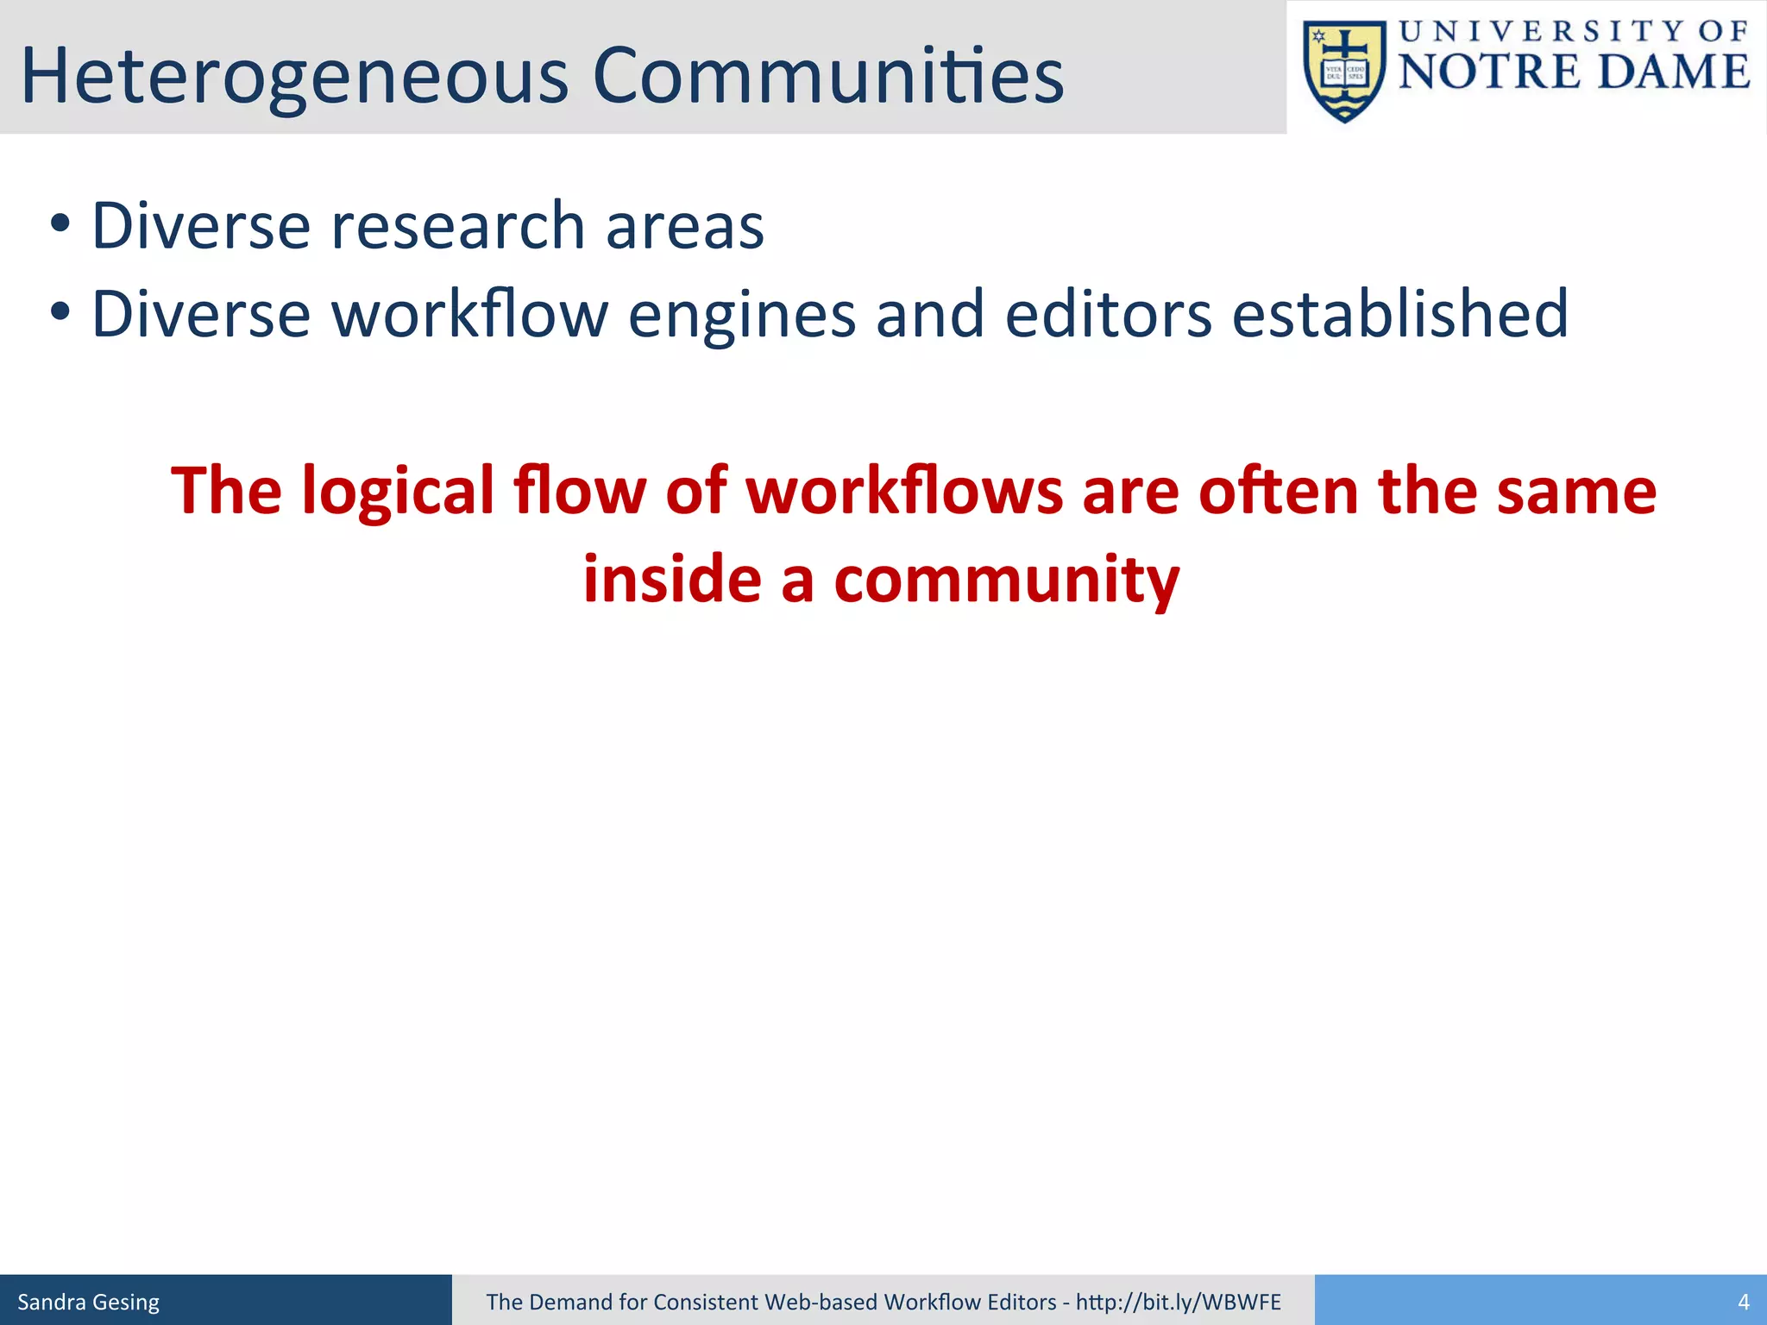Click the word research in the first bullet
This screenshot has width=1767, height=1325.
458,226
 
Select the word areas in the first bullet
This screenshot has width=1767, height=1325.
684,226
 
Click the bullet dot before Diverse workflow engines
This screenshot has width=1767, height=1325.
59,313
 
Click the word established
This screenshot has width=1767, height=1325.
1399,314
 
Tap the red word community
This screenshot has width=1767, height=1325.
1006,581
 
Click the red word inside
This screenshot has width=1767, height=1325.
672,579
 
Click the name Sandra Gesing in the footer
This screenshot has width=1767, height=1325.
89,1302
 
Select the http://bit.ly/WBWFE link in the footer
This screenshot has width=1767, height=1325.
1178,1302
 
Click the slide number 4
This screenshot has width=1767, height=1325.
1743,1302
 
